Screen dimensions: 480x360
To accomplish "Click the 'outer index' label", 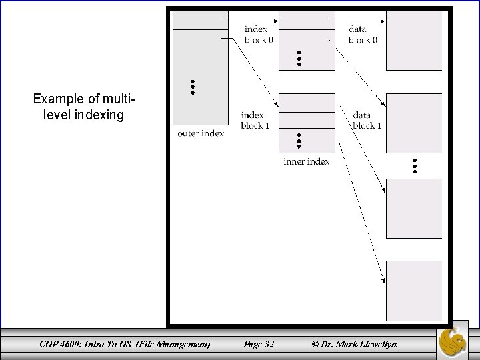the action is coord(201,133).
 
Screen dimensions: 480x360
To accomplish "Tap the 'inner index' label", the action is coord(307,161).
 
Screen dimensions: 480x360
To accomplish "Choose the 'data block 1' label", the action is coord(367,120).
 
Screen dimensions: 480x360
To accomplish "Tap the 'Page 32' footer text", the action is coord(259,344).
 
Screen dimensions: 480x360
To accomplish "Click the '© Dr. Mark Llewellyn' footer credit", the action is coord(353,344).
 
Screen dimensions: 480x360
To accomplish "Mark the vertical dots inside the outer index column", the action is coord(193,87).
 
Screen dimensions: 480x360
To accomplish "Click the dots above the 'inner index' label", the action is coord(299,141).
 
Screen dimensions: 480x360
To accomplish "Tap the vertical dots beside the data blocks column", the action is coord(414,167).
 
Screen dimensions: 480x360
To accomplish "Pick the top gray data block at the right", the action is coord(414,40).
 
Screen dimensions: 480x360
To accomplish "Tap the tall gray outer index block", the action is coord(201,73).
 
